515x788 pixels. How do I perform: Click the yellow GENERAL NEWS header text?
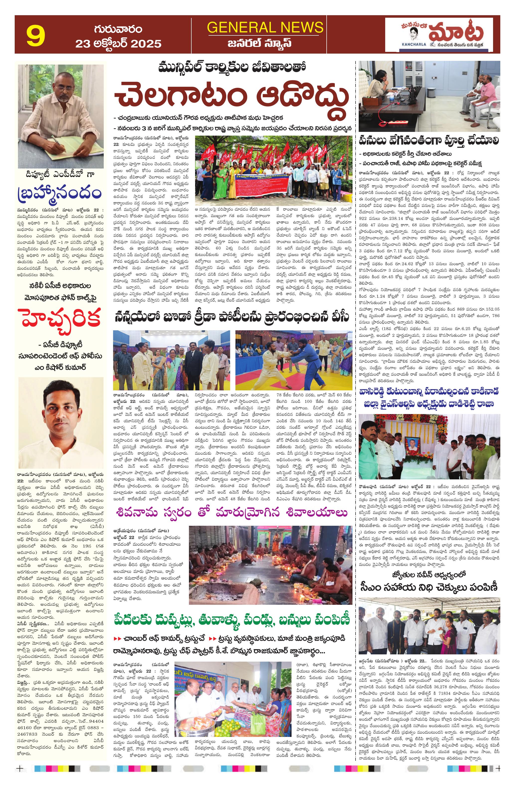(265, 27)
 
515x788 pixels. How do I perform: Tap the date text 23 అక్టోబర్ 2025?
(118, 43)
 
